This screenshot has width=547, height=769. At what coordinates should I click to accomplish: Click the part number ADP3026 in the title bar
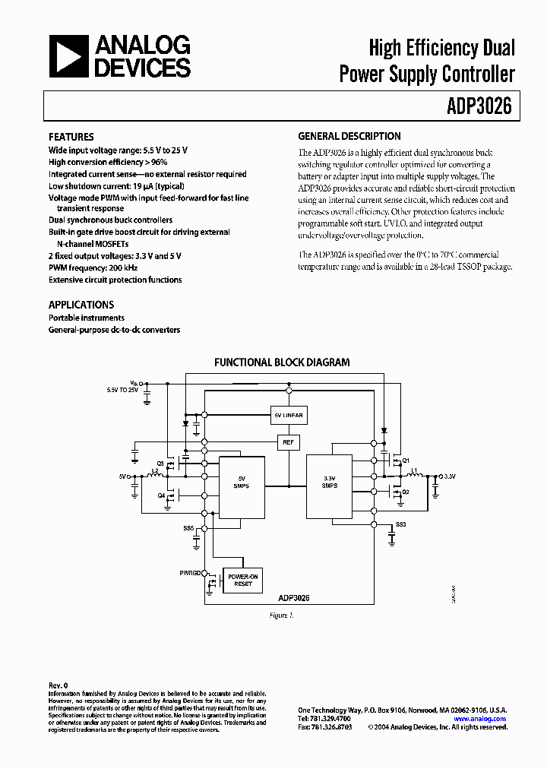click(x=479, y=106)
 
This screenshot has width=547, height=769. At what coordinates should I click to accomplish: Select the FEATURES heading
click(x=71, y=137)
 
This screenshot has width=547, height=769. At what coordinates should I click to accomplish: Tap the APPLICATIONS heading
click(x=81, y=305)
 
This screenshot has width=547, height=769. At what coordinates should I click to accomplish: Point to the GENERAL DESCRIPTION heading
click(x=349, y=137)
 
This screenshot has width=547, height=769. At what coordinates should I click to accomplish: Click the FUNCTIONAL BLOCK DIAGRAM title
click(x=282, y=362)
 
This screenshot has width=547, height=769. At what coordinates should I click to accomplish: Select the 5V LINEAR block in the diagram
click(x=288, y=416)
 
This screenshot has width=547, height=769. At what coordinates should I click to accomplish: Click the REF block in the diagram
click(x=288, y=442)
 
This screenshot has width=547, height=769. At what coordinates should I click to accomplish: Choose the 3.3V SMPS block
click(x=329, y=482)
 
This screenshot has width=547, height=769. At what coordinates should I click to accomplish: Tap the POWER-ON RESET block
click(x=243, y=581)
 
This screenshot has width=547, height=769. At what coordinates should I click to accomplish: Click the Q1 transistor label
click(x=406, y=460)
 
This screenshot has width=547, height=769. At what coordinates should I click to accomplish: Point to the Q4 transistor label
click(x=161, y=495)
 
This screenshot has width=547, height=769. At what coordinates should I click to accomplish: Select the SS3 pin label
click(x=400, y=525)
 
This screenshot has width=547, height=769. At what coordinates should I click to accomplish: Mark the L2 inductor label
click(x=155, y=470)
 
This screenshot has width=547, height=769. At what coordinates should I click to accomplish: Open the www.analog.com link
click(x=479, y=718)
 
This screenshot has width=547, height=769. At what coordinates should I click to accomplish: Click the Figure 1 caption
click(x=281, y=615)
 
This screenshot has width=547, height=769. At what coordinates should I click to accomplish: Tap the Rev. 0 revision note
click(x=58, y=685)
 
